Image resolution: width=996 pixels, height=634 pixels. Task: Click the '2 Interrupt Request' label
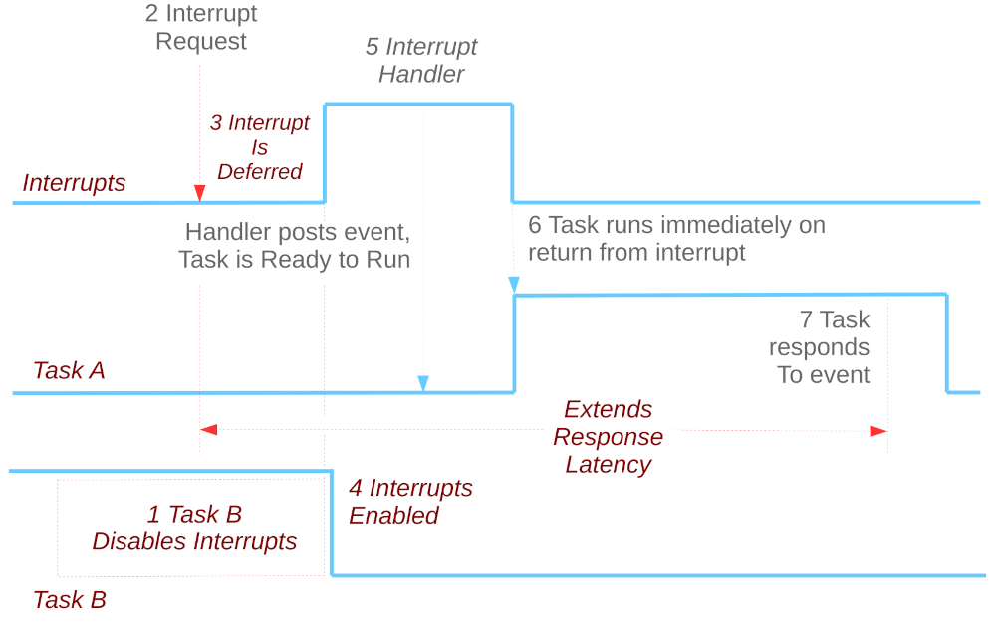[201, 28]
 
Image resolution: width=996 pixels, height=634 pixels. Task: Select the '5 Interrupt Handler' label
[421, 61]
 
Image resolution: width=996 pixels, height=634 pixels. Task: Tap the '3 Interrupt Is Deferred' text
[260, 147]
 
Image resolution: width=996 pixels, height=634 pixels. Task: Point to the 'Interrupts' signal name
[74, 183]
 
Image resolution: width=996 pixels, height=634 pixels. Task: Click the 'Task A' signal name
[69, 371]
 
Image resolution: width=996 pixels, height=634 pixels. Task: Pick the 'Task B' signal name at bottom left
[69, 600]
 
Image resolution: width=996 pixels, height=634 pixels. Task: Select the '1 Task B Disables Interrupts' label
[194, 528]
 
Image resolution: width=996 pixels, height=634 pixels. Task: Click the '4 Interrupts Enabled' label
[409, 502]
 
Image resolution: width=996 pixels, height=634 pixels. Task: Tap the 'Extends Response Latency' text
[608, 437]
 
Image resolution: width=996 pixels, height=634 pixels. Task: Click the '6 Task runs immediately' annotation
[676, 239]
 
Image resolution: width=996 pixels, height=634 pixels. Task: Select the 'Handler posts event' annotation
[296, 246]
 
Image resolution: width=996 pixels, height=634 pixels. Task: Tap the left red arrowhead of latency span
[209, 430]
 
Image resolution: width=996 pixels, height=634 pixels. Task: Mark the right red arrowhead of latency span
[877, 431]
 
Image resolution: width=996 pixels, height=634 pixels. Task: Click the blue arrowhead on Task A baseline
[423, 383]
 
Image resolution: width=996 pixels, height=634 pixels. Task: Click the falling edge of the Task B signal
[330, 523]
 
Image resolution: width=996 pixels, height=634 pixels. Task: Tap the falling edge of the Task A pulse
[947, 343]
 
